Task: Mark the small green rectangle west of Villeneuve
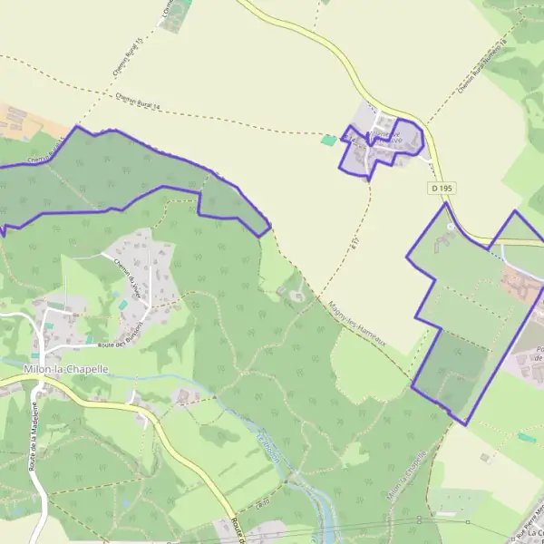pos(327,141)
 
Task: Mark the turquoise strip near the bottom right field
pos(527,438)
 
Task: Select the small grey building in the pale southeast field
pos(488,459)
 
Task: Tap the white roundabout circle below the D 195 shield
pos(451,225)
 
